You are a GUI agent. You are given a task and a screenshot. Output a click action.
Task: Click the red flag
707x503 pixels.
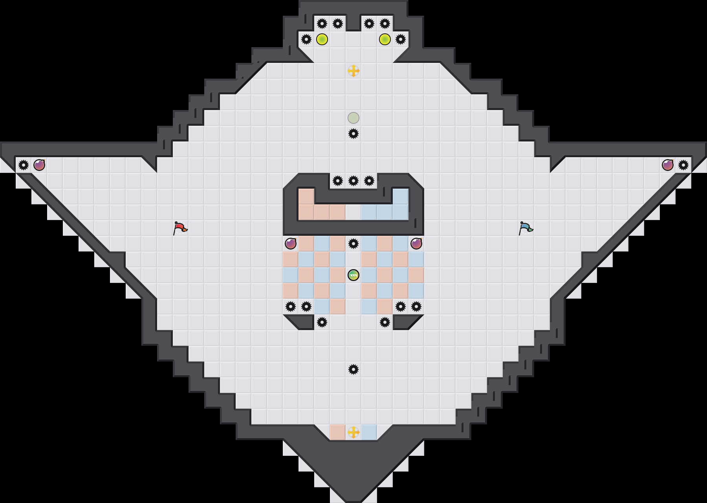(180, 228)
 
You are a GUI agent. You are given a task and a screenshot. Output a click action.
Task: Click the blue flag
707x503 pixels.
(526, 228)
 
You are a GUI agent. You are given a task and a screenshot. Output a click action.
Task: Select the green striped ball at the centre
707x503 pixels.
(353, 275)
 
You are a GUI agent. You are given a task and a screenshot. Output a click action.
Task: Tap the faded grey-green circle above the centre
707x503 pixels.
(353, 118)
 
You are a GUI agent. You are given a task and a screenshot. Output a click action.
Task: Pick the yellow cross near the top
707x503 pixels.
(353, 71)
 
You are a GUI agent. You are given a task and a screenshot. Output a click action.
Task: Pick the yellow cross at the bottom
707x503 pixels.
(353, 432)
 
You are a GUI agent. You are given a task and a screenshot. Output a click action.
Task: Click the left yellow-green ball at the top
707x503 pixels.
(322, 39)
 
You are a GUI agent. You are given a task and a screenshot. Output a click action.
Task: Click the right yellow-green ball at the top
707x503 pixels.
(385, 39)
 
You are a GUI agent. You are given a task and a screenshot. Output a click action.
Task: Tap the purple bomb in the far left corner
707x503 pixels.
(39, 165)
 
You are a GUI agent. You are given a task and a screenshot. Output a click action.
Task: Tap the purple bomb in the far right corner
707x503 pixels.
(668, 165)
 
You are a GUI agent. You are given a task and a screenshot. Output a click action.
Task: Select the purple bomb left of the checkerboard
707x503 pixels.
(291, 244)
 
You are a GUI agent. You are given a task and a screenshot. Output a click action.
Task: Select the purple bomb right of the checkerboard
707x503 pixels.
(416, 244)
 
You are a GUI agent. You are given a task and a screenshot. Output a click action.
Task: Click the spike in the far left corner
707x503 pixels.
(24, 165)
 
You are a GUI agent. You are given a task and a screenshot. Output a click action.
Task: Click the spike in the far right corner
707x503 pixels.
(683, 165)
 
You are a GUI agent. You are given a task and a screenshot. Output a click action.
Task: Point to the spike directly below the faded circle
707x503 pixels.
(353, 134)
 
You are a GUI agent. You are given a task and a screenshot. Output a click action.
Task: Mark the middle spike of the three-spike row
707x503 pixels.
(353, 181)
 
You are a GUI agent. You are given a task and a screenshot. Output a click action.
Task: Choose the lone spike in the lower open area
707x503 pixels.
(353, 369)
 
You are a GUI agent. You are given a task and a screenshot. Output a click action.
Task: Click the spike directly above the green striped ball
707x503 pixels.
(353, 244)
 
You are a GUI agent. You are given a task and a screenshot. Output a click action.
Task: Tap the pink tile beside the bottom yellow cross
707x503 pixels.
(338, 432)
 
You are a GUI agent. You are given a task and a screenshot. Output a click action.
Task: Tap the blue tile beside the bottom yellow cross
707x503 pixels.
(369, 432)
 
